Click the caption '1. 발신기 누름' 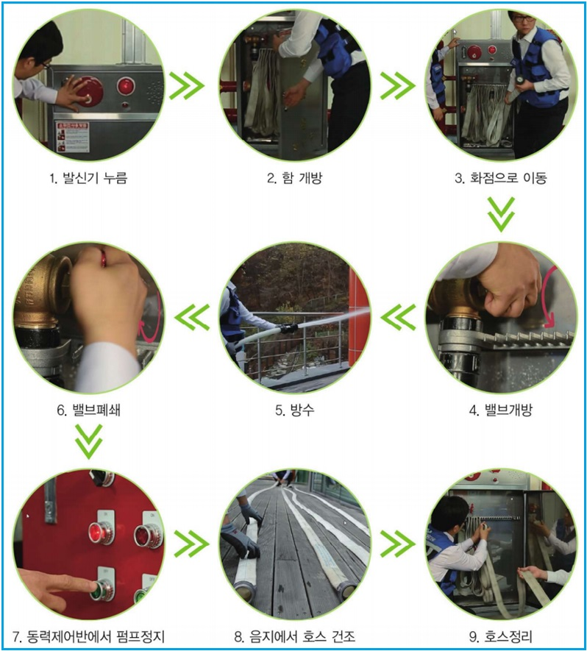click(88, 178)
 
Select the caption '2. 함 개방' click(295, 178)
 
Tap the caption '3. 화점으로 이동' click(501, 178)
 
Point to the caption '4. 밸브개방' click(501, 410)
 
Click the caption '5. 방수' click(295, 410)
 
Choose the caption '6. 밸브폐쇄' click(88, 410)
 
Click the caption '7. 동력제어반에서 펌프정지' click(88, 636)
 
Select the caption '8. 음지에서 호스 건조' click(295, 636)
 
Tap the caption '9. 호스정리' click(501, 636)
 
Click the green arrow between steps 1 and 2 click(187, 86)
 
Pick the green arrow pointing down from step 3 click(501, 214)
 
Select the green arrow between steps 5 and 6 click(192, 317)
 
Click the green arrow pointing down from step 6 click(89, 441)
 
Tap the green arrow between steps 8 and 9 click(398, 544)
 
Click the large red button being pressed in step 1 click(90, 91)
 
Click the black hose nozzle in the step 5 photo click(289, 328)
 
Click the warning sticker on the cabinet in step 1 click(73, 137)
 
